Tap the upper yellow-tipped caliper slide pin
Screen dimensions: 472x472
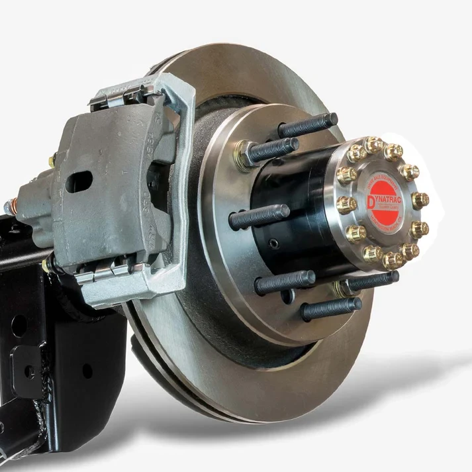52,161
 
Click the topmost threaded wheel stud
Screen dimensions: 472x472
308,124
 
